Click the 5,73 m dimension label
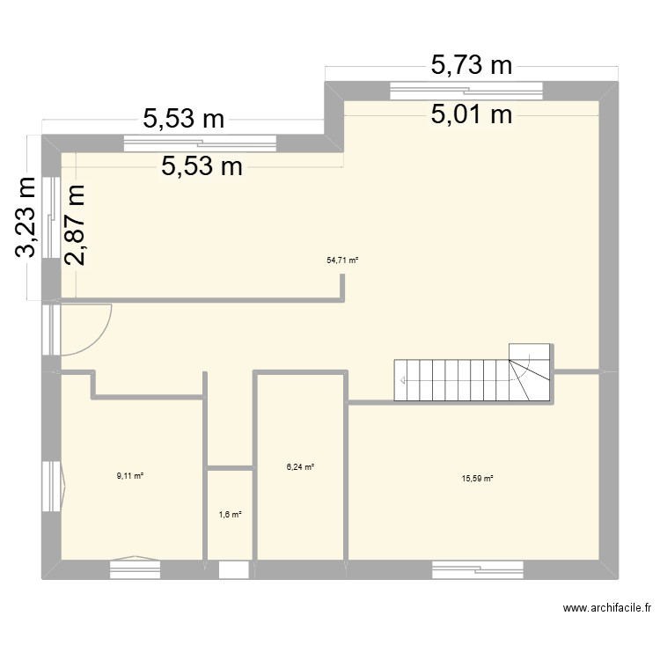pos(471,64)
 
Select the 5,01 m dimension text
pos(471,114)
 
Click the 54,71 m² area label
pos(343,260)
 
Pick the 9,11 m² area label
pos(129,476)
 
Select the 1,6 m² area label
pos(229,515)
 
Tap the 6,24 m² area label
pos(300,467)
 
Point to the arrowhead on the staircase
pos(403,381)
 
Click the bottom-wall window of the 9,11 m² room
pos(135,569)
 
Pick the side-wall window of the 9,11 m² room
pos(52,487)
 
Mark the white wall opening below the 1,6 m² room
pos(233,570)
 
